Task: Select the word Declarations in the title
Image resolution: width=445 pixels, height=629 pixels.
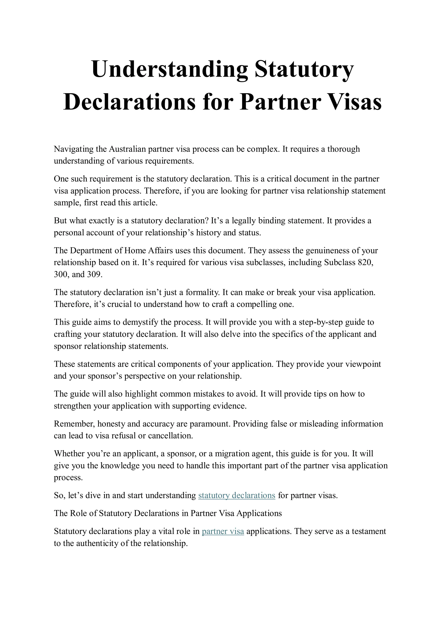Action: (x=130, y=102)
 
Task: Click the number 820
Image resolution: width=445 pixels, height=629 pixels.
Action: (x=365, y=262)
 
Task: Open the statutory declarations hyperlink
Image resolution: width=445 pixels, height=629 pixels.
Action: (x=237, y=495)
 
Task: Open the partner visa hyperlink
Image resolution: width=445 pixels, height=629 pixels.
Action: (x=223, y=531)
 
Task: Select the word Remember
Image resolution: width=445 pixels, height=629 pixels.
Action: (x=75, y=424)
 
